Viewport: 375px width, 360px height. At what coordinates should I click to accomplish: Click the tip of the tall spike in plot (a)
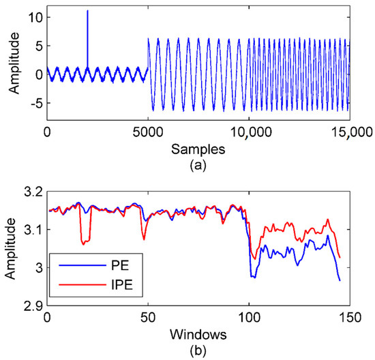tap(87, 11)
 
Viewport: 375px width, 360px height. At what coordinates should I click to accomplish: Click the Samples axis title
tap(198, 147)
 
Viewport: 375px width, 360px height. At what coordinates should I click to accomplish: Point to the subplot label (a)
tap(198, 163)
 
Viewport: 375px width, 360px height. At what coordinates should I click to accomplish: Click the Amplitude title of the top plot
tap(10, 63)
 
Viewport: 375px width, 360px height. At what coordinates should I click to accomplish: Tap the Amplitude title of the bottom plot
tap(10, 248)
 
